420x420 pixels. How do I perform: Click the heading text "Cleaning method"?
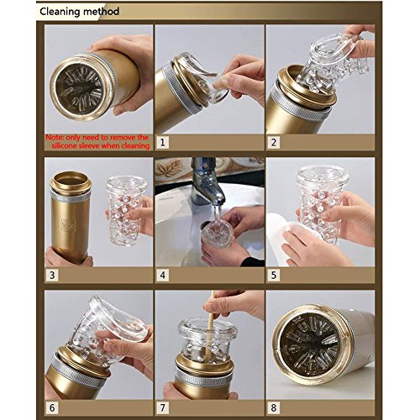(79, 12)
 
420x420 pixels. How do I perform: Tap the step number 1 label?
(163, 143)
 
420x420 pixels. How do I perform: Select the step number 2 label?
(274, 143)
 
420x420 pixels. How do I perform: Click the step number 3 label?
(52, 275)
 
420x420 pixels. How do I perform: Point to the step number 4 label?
(163, 275)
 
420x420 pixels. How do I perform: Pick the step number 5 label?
(274, 275)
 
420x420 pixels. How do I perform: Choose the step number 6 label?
(52, 407)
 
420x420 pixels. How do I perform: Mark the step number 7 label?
(163, 407)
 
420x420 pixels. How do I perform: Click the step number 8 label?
(274, 407)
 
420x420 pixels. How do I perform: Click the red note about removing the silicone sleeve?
(97, 142)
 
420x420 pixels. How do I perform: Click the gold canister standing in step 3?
(70, 217)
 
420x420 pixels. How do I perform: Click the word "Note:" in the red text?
(55, 138)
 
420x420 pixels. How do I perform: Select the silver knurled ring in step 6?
(79, 371)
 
